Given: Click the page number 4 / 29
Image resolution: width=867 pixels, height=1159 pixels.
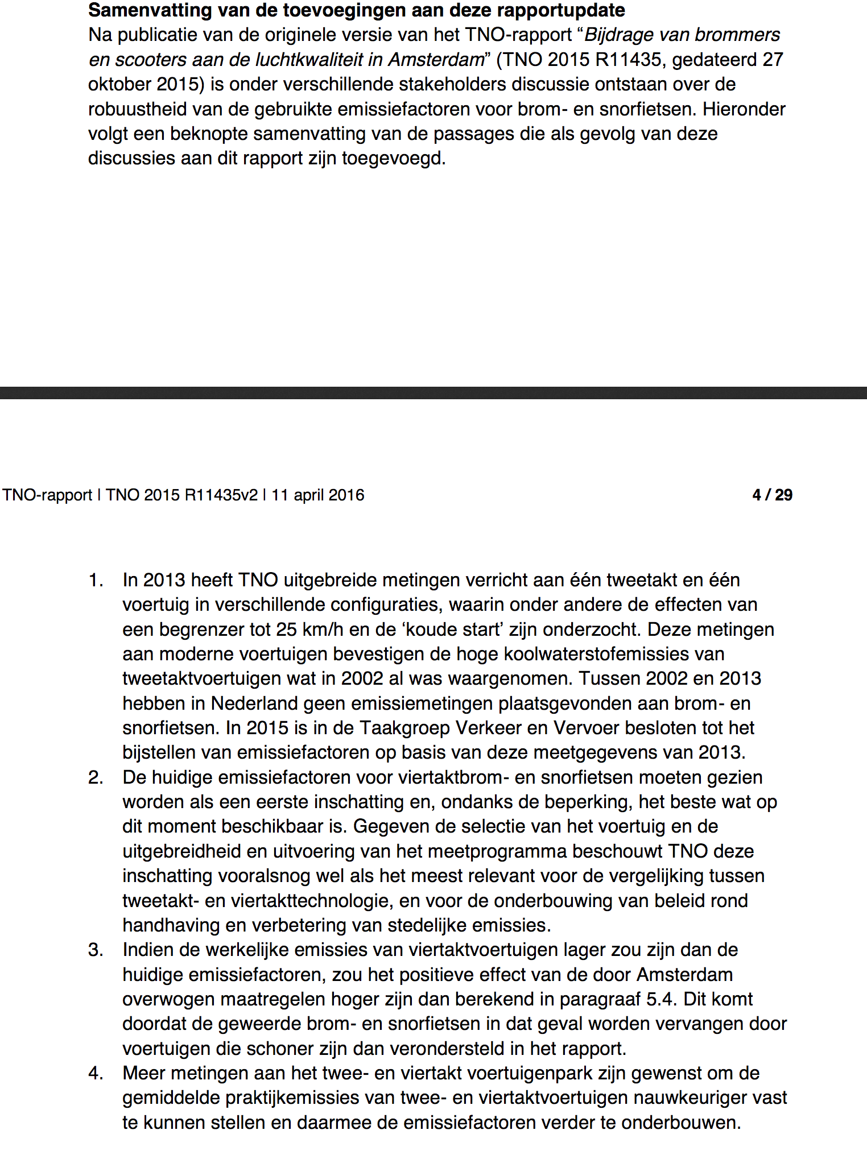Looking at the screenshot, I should click(772, 495).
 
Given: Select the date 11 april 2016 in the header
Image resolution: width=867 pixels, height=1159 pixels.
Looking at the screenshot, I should click(317, 495).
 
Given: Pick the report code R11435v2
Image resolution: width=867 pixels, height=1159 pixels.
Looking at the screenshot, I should click(221, 495).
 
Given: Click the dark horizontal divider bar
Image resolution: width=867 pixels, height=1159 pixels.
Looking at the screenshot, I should click(433, 393).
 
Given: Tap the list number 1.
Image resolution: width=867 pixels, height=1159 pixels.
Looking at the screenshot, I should click(96, 580).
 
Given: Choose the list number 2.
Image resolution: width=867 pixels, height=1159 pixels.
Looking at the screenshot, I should click(96, 777).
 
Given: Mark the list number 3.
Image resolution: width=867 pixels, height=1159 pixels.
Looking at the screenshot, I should click(96, 950).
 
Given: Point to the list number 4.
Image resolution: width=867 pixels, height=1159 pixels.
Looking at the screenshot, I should click(96, 1073).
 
